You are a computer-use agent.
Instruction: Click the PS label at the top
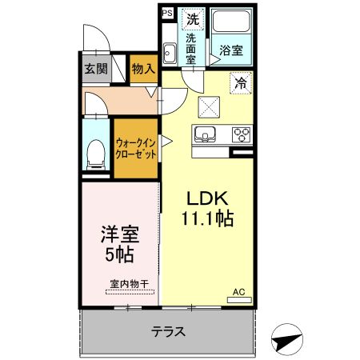coord(166,13)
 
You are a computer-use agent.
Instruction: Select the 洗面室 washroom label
coord(192,49)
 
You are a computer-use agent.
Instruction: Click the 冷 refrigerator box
coord(240,82)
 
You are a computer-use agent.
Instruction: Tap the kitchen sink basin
coord(206,134)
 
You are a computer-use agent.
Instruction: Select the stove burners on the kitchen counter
coord(242,134)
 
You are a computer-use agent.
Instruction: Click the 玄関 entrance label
coord(96,69)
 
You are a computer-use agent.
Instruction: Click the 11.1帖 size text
coord(207,217)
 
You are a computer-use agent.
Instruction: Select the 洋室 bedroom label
coord(118,236)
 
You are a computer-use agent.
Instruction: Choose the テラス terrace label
coord(168,330)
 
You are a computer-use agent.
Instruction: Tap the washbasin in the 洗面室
coord(170,54)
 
